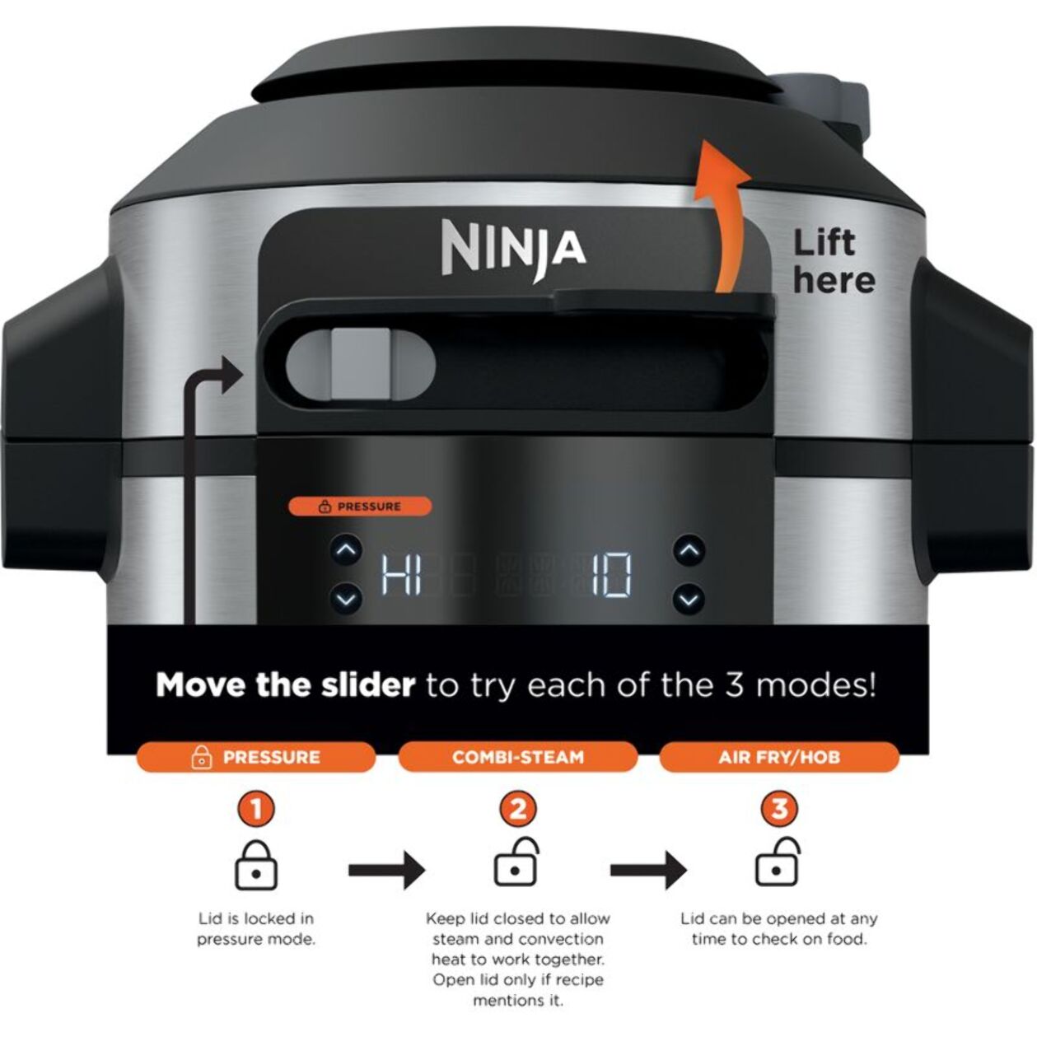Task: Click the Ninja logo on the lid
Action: click(513, 250)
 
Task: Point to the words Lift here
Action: click(834, 262)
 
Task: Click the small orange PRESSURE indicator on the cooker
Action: click(360, 507)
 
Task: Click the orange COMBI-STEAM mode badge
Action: click(518, 757)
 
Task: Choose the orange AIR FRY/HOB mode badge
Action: click(779, 757)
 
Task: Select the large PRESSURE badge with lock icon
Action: click(255, 757)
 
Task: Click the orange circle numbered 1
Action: click(256, 809)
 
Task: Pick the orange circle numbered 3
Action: click(779, 809)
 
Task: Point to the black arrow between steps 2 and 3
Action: click(649, 870)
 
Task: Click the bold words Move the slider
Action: click(285, 685)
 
